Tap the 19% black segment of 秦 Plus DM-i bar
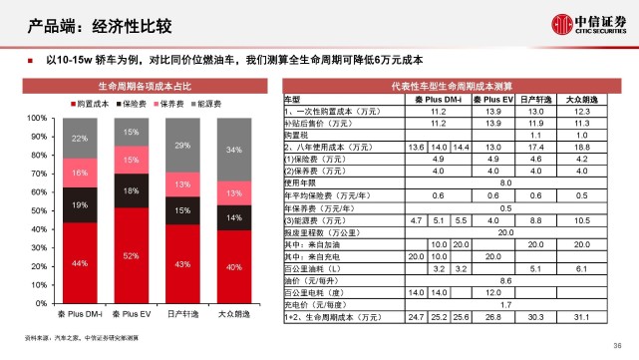(x=79, y=203)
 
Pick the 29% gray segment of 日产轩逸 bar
(x=182, y=146)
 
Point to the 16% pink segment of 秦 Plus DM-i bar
(x=79, y=173)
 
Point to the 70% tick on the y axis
(x=41, y=171)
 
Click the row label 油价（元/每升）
(x=310, y=281)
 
